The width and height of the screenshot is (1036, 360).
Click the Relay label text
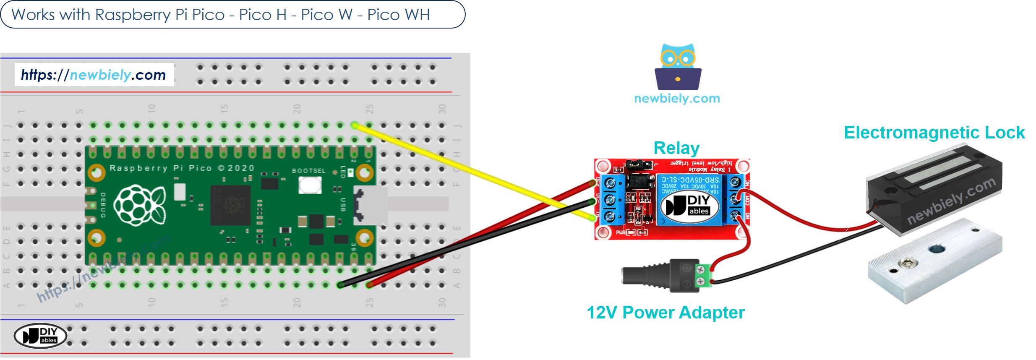coord(676,148)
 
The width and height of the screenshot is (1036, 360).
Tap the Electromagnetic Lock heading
coord(934,133)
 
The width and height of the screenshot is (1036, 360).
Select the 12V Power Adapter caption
coord(665,313)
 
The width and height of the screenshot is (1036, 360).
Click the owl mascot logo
coord(678,67)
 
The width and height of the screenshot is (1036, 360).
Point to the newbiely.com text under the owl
coord(677,99)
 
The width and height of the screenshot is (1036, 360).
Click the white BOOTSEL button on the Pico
coord(310,185)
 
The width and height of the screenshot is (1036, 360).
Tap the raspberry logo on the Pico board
coord(140,205)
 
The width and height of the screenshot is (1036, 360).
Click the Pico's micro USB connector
coord(369,205)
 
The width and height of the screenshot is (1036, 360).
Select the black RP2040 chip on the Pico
coord(231,206)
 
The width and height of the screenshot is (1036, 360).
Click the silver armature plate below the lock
coord(936,260)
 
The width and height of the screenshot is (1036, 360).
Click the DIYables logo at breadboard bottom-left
coord(40,336)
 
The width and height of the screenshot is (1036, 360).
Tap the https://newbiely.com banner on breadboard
coord(94,75)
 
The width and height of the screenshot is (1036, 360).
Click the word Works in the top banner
coord(33,15)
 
